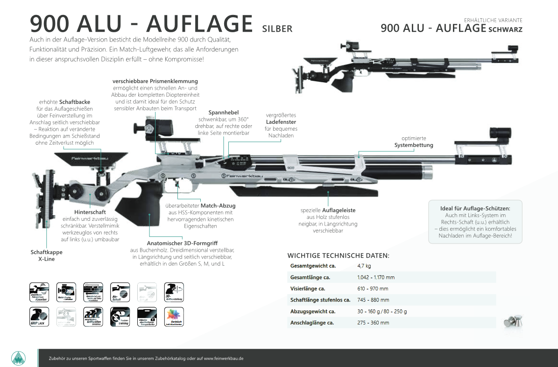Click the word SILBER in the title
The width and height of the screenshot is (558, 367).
pos(277,29)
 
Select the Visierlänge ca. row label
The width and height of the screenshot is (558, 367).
pos(308,289)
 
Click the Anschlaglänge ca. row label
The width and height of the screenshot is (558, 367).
pos(313,323)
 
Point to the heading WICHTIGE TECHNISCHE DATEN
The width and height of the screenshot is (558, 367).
pos(339,255)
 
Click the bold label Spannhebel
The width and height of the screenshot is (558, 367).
pos(224,113)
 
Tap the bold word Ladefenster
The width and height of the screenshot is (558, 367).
pos(281,121)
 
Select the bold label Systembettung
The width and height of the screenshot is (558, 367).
pos(414,145)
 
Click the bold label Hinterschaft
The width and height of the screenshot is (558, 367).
pos(90,212)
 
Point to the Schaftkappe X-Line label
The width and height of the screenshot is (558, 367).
pos(46,255)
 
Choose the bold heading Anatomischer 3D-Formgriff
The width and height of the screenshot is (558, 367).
pos(182,244)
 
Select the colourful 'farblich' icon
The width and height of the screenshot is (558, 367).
pos(174,317)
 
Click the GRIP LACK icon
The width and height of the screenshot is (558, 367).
pos(39,317)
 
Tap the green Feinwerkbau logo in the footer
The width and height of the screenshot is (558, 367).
pos(18,358)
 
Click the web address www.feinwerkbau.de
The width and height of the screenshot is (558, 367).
pos(224,359)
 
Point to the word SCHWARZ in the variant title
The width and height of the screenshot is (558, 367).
pos(506,29)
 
